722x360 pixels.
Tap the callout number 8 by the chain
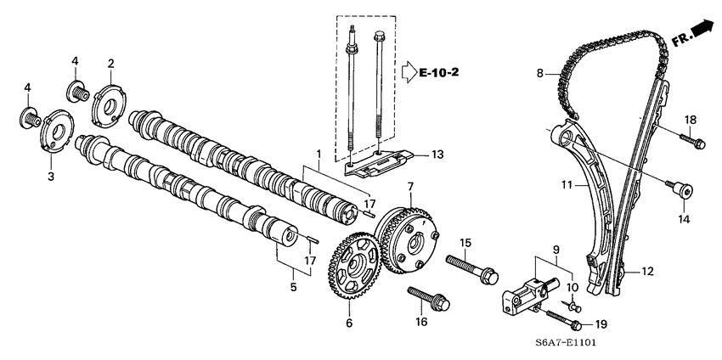pyautogui.click(x=539, y=76)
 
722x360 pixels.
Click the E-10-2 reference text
pyautogui.click(x=439, y=74)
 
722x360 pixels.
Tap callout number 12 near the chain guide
pyautogui.click(x=647, y=272)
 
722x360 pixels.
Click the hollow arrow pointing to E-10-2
pyautogui.click(x=409, y=74)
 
